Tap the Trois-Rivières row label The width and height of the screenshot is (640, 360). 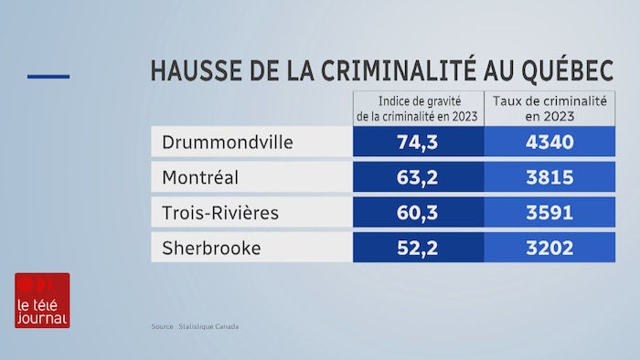219,212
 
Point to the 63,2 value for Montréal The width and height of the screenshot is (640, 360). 419,177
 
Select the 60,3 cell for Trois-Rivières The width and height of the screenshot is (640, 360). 419,212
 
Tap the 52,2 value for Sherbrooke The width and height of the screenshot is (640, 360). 419,248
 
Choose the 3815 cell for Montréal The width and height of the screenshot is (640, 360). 549,177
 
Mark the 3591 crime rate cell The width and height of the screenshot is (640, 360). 549,212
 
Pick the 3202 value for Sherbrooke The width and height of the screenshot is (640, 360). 549,248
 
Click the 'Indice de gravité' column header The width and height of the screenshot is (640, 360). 418,108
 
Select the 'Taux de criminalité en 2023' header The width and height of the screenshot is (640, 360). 549,108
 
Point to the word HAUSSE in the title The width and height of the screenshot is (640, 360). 193,70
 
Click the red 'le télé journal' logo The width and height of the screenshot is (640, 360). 42,301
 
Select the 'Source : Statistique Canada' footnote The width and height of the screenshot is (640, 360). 195,326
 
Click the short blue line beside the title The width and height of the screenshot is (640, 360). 48,76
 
